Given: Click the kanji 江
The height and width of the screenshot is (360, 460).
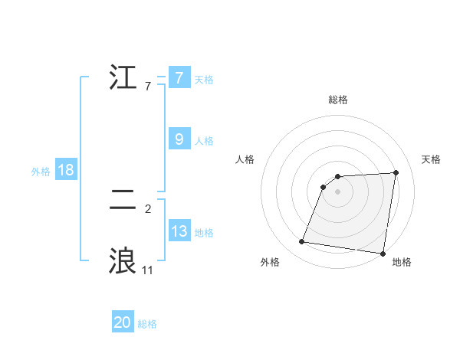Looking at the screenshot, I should (x=123, y=77).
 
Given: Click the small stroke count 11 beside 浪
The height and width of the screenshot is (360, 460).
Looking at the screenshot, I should (x=147, y=270).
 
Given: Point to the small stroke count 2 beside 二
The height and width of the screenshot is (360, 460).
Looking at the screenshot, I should (x=148, y=208).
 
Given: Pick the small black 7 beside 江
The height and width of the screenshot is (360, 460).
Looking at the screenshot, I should (x=148, y=86).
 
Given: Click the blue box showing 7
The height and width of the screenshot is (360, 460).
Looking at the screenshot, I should (x=179, y=77).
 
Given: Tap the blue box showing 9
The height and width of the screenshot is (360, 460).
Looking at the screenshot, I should (x=179, y=139).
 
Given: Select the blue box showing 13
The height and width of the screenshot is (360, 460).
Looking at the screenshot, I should (x=179, y=231).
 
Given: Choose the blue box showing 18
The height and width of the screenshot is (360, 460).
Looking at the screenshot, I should (x=65, y=170).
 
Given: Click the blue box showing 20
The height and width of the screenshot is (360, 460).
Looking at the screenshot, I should (x=123, y=322).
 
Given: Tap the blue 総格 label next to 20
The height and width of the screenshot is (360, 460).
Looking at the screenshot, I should (x=147, y=324).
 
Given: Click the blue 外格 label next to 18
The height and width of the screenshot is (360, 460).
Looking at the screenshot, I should (x=41, y=172).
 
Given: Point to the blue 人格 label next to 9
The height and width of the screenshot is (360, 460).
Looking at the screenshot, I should (x=204, y=141).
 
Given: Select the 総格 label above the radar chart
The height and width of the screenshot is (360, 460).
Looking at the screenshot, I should (x=337, y=100).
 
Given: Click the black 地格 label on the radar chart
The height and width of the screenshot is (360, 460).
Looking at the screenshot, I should (x=402, y=263).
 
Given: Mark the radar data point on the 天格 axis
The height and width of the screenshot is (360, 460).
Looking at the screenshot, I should (x=396, y=172).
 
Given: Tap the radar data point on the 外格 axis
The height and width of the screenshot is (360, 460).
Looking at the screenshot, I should (x=302, y=242).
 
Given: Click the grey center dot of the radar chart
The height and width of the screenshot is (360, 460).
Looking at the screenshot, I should (x=337, y=191).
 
